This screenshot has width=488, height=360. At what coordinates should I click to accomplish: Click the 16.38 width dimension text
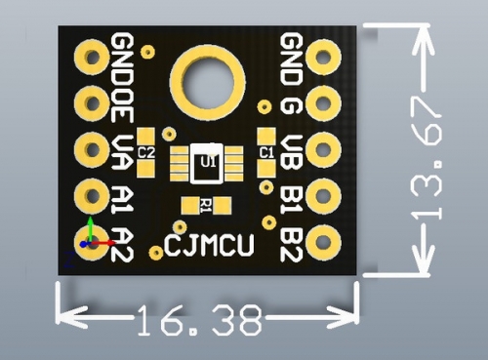200,320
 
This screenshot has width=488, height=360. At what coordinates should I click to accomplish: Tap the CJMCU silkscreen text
209,245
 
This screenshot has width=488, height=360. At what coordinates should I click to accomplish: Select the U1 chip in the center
207,164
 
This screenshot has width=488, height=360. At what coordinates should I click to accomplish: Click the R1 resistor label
206,206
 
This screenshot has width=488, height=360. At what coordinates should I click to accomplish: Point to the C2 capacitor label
145,152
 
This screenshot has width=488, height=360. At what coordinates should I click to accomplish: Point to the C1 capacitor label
266,152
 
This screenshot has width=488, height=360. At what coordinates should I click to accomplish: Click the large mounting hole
208,82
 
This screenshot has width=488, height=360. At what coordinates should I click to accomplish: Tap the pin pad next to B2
323,243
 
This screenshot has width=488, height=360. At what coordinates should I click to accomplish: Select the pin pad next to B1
323,196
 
